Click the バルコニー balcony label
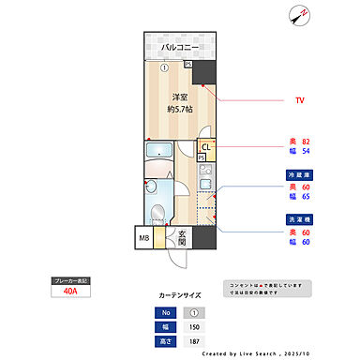179,47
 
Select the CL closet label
205,147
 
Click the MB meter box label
145,237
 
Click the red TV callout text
300,98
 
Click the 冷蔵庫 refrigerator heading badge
298,174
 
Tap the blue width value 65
306,197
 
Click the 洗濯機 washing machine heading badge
298,219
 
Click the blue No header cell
165,313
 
